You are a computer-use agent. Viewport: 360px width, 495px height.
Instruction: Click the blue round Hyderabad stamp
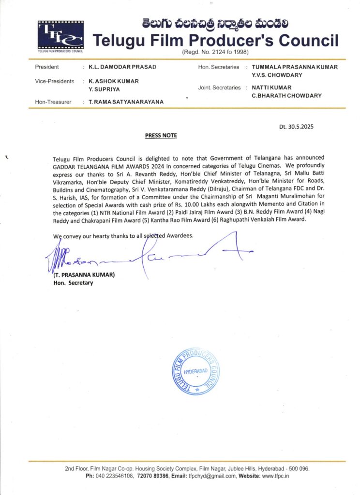(196, 371)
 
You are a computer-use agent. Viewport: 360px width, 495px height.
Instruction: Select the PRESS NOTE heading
(161, 135)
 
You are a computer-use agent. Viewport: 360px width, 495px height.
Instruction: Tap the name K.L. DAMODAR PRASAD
(122, 67)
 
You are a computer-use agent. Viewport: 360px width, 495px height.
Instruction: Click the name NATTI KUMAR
(271, 88)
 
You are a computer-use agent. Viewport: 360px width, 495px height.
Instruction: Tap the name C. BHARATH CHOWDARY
(287, 95)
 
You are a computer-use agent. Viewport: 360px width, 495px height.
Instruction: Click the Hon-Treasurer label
(53, 102)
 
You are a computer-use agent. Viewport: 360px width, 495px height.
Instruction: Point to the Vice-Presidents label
(55, 81)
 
